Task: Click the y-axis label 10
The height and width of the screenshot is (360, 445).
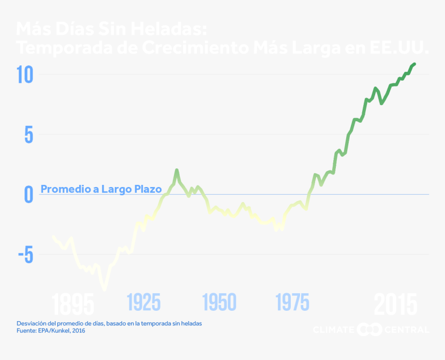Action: coord(24,75)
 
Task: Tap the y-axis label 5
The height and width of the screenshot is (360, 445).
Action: coord(28,135)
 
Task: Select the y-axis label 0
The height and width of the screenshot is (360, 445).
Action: coord(29,195)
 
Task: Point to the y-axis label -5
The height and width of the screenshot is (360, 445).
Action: coord(24,255)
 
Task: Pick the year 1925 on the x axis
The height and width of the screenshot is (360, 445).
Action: coord(143,302)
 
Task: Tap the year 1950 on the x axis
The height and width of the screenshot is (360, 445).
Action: coord(219,302)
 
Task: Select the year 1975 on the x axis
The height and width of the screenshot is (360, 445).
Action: coord(292,302)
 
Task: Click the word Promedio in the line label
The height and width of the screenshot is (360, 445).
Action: coord(62,189)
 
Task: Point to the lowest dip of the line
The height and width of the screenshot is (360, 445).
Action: coord(105,288)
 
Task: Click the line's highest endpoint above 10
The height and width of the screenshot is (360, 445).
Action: coord(414,64)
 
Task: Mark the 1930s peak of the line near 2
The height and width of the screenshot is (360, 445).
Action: coord(176,170)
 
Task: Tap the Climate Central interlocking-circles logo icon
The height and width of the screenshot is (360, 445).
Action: coord(369,329)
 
